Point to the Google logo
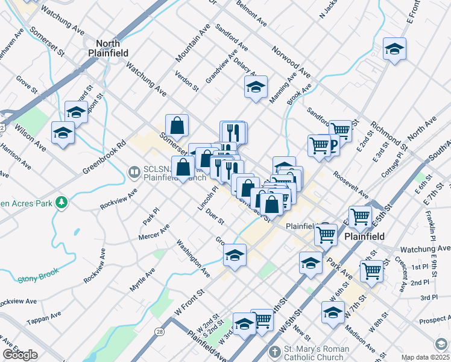point(20,355)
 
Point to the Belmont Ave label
point(251,13)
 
